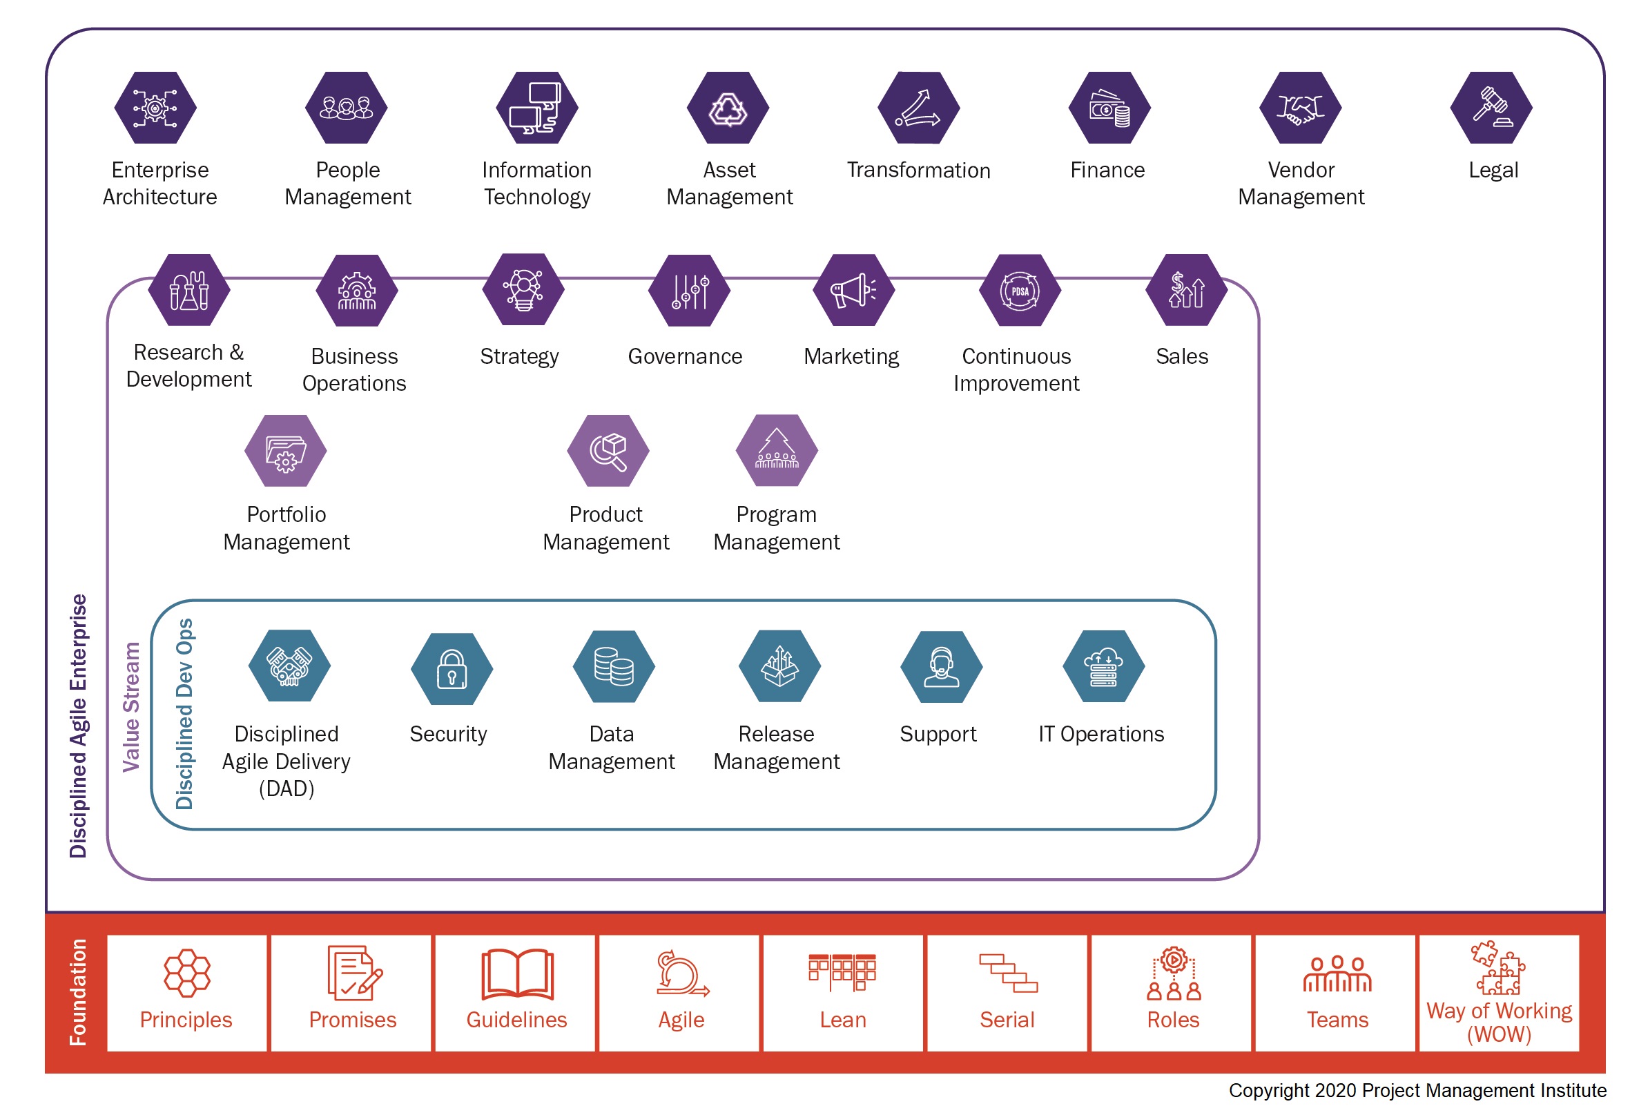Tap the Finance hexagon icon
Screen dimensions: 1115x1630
(1109, 108)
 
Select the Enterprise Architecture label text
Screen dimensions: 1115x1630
(160, 183)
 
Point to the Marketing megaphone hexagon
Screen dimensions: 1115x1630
(853, 291)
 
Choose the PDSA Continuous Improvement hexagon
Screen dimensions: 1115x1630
(1019, 291)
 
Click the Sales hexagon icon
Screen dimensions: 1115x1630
(1185, 291)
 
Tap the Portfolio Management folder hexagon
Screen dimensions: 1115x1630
(285, 451)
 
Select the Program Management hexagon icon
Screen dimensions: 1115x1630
(777, 451)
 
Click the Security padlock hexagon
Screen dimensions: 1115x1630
(452, 668)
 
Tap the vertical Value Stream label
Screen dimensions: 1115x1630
(131, 706)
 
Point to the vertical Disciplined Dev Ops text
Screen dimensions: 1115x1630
(184, 713)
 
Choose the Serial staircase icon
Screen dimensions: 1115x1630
(1008, 973)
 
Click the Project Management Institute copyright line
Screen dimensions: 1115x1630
(1416, 1089)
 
